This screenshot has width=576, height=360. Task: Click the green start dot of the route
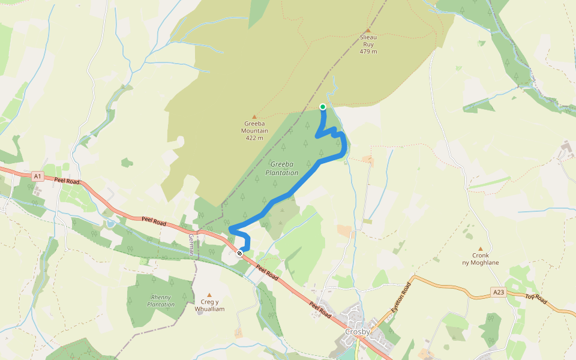point(323,107)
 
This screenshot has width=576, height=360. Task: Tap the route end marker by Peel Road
point(239,253)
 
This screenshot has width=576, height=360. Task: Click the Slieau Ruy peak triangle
point(368,31)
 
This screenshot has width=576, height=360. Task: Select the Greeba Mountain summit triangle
point(254,116)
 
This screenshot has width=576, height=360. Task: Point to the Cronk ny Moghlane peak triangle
point(480,248)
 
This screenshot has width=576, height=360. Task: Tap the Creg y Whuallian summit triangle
point(209,295)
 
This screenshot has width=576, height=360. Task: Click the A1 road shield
point(38,176)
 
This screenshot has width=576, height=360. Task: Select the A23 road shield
point(497,292)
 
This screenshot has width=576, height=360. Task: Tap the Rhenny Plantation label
point(161,301)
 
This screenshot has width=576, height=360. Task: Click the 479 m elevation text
point(368,52)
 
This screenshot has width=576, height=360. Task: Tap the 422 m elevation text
point(254,138)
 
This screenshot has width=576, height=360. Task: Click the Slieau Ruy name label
point(368,40)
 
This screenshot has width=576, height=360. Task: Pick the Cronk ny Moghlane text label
point(481,259)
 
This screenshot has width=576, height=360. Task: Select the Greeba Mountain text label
point(254,127)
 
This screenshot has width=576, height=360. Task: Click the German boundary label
point(191,244)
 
